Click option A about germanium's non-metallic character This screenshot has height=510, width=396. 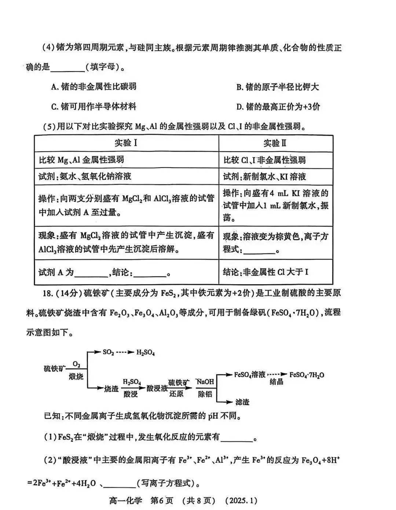pyautogui.click(x=94, y=87)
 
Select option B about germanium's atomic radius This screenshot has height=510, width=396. pyautogui.click(x=277, y=87)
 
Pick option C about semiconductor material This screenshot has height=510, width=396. pyautogui.click(x=94, y=107)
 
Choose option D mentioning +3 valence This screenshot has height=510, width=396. pyautogui.click(x=278, y=107)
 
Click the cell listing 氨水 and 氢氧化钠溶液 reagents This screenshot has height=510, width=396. pyautogui.click(x=85, y=176)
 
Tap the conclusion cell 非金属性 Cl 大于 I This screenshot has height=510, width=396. pyautogui.click(x=266, y=272)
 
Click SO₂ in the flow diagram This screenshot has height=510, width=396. pyautogui.click(x=109, y=352)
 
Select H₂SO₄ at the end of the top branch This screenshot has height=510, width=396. pyautogui.click(x=146, y=353)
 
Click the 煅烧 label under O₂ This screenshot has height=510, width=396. pyautogui.click(x=76, y=376)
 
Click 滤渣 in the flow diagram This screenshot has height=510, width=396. pyautogui.click(x=242, y=402)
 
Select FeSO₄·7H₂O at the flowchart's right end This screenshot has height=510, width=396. pyautogui.click(x=307, y=375)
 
